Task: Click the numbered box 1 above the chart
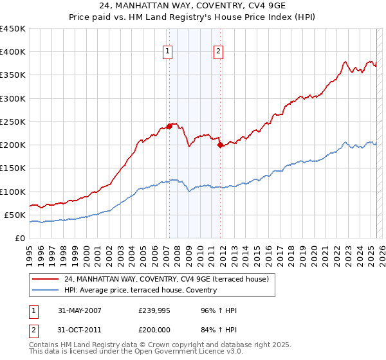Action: [167, 52]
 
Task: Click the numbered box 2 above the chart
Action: [218, 52]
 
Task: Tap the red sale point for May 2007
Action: [169, 126]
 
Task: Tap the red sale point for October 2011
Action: [220, 145]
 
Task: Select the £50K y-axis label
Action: [15, 215]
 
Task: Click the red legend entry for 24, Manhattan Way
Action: [170, 279]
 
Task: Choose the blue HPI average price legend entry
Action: [140, 290]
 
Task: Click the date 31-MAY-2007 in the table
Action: [80, 310]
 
